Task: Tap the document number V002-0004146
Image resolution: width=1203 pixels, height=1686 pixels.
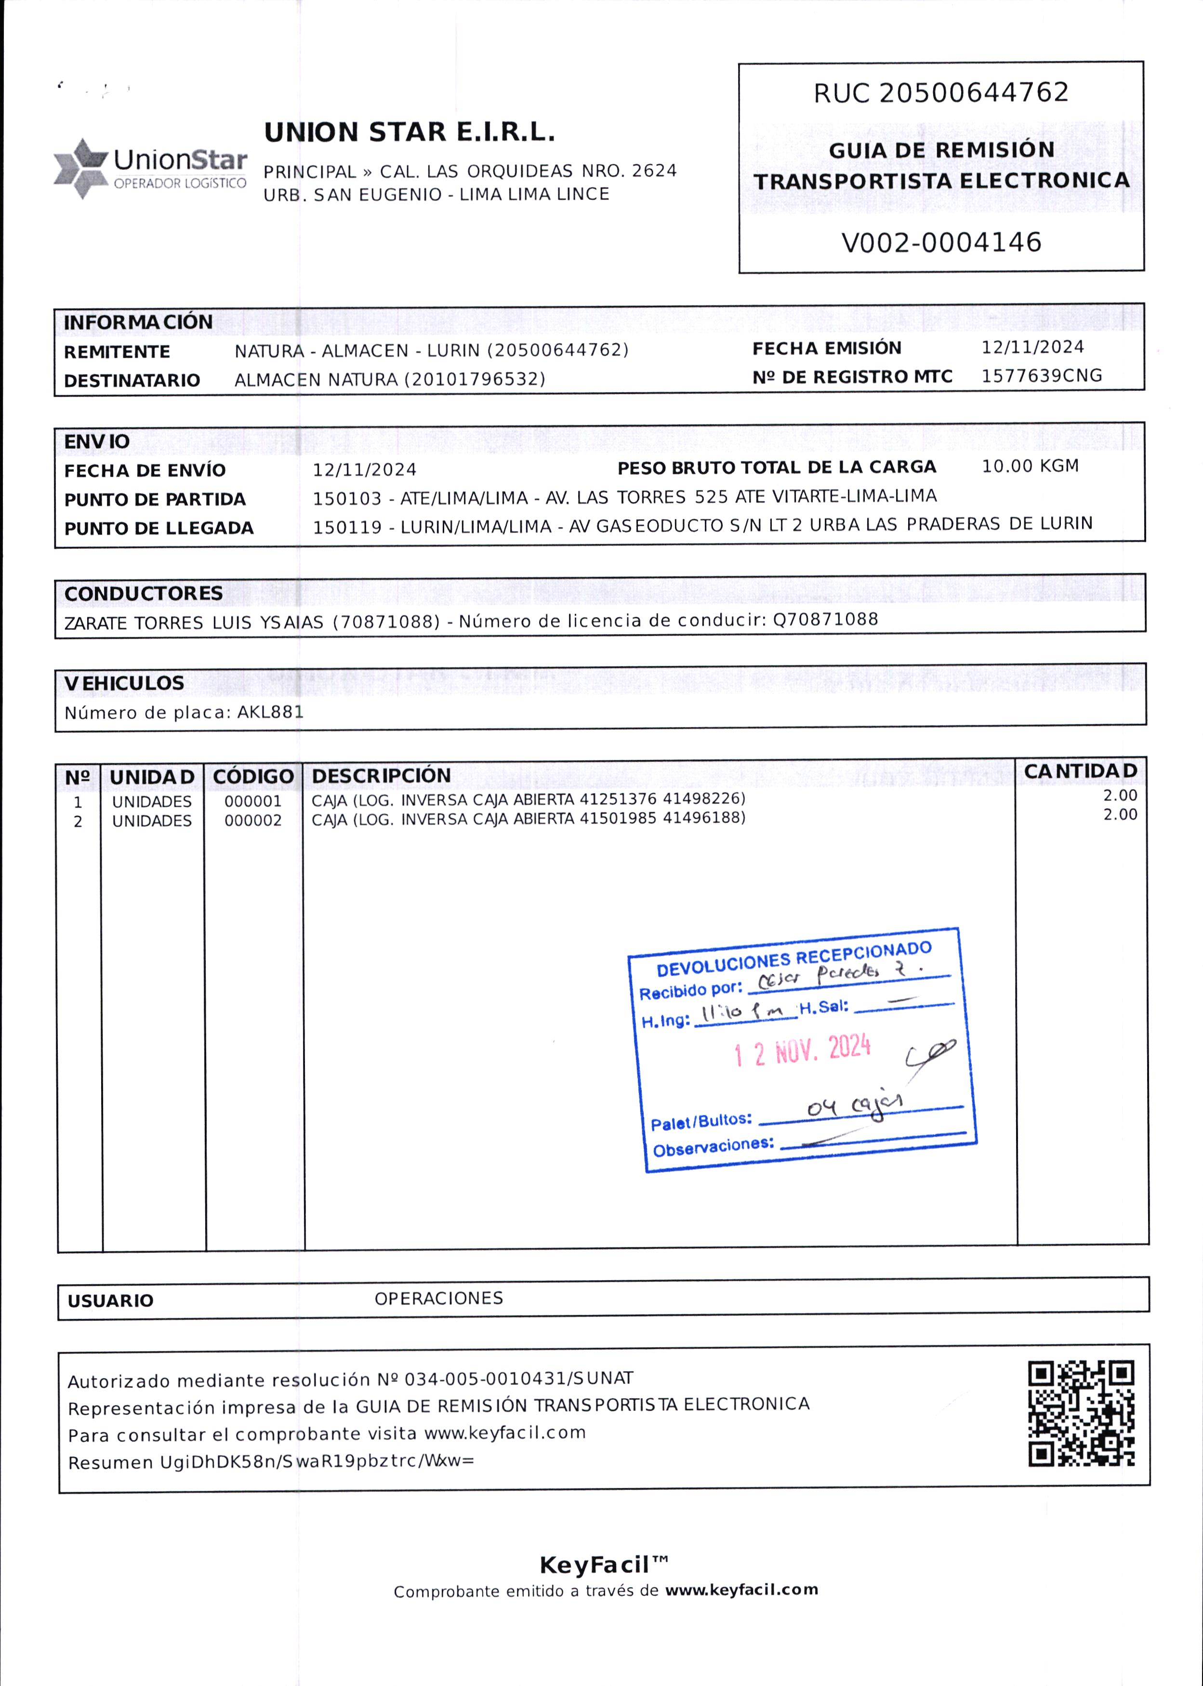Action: [x=941, y=242]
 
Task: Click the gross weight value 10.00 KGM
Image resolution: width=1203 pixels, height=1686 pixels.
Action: [x=1030, y=466]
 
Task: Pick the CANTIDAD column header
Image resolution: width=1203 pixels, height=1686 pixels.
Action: [x=1080, y=771]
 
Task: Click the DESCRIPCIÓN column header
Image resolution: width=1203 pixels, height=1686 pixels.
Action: [x=381, y=776]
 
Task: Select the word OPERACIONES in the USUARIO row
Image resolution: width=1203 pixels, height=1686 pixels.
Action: [x=438, y=1298]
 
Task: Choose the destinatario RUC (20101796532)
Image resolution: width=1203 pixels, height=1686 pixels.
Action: [x=474, y=379]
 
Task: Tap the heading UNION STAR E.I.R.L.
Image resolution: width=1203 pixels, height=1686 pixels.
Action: [x=410, y=133]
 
